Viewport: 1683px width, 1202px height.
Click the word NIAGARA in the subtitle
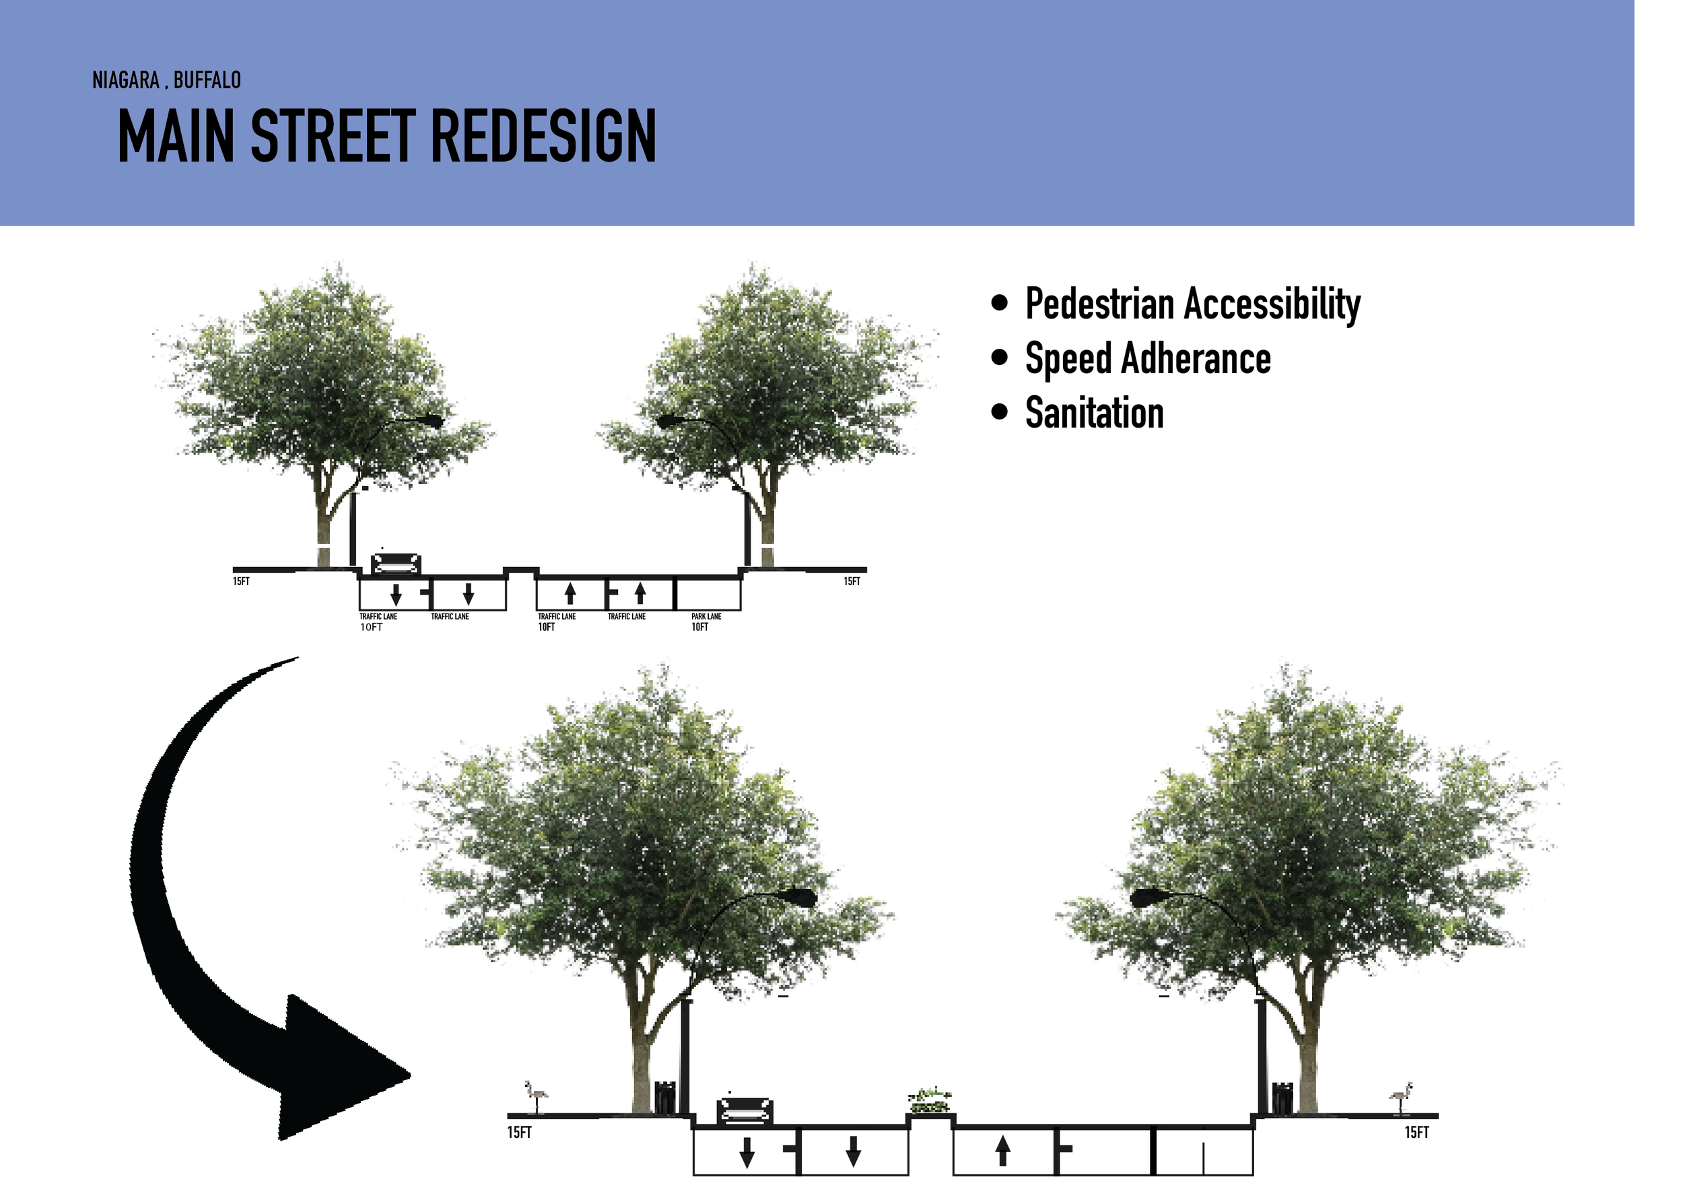click(125, 80)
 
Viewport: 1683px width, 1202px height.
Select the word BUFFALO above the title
click(207, 80)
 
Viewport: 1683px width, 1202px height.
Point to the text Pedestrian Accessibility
click(1192, 304)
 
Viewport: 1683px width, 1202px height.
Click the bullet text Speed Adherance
click(1147, 359)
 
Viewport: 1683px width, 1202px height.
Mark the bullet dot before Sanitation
click(1000, 411)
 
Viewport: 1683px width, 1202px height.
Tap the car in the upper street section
click(396, 564)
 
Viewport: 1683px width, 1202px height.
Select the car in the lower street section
click(745, 1111)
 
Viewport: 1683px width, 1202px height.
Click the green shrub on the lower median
click(930, 1100)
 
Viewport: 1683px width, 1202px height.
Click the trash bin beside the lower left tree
click(664, 1097)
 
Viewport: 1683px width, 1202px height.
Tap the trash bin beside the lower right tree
click(1281, 1098)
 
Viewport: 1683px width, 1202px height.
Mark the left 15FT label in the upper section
click(241, 582)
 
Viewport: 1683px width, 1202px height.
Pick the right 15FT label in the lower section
click(1416, 1133)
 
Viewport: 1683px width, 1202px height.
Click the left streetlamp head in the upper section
click(431, 421)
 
